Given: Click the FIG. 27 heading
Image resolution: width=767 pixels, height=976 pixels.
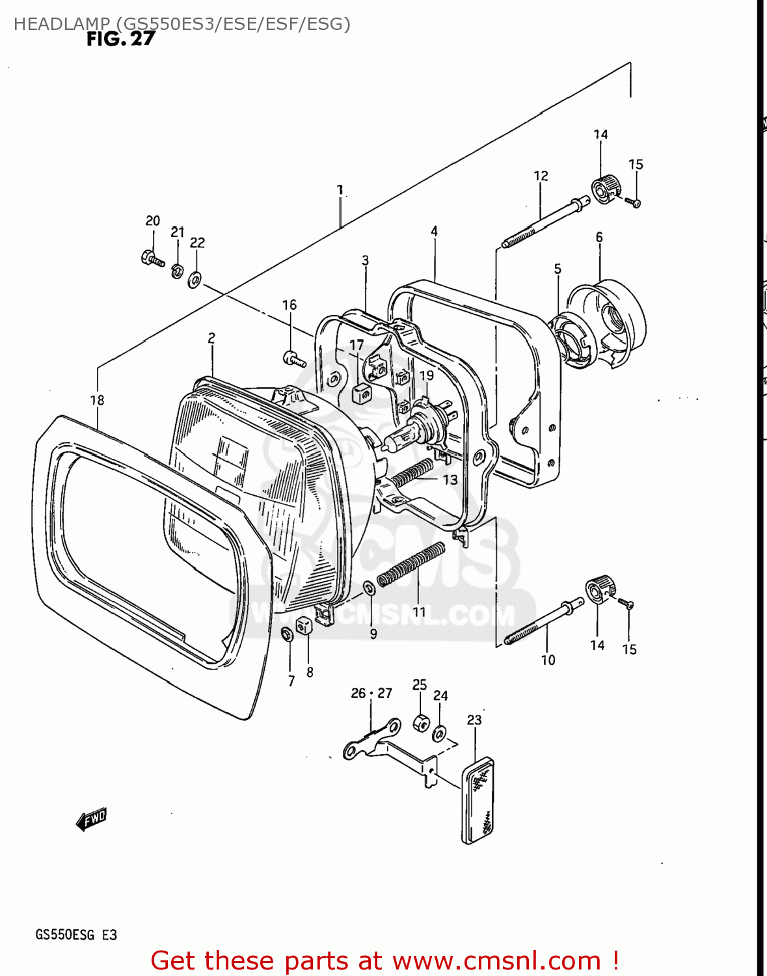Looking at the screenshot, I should (x=121, y=39).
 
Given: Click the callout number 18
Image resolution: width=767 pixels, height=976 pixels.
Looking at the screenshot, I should (x=97, y=400).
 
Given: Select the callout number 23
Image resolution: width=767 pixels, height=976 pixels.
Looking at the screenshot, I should (x=474, y=720).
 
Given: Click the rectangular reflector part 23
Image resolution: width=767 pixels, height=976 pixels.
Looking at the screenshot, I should (x=478, y=801).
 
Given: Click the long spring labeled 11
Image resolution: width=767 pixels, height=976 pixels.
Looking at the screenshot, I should (x=411, y=563).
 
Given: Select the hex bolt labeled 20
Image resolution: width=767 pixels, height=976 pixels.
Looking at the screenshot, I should (x=152, y=258).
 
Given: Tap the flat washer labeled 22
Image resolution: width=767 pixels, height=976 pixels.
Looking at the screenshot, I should (x=195, y=280).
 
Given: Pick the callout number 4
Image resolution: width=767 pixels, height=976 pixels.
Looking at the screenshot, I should (x=434, y=231).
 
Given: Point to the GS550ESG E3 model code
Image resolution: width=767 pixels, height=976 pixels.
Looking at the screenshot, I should (x=75, y=935).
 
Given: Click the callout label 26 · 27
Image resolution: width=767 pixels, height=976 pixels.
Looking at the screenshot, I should (x=371, y=693).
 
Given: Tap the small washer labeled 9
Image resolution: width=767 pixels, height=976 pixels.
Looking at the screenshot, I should (x=369, y=588).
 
